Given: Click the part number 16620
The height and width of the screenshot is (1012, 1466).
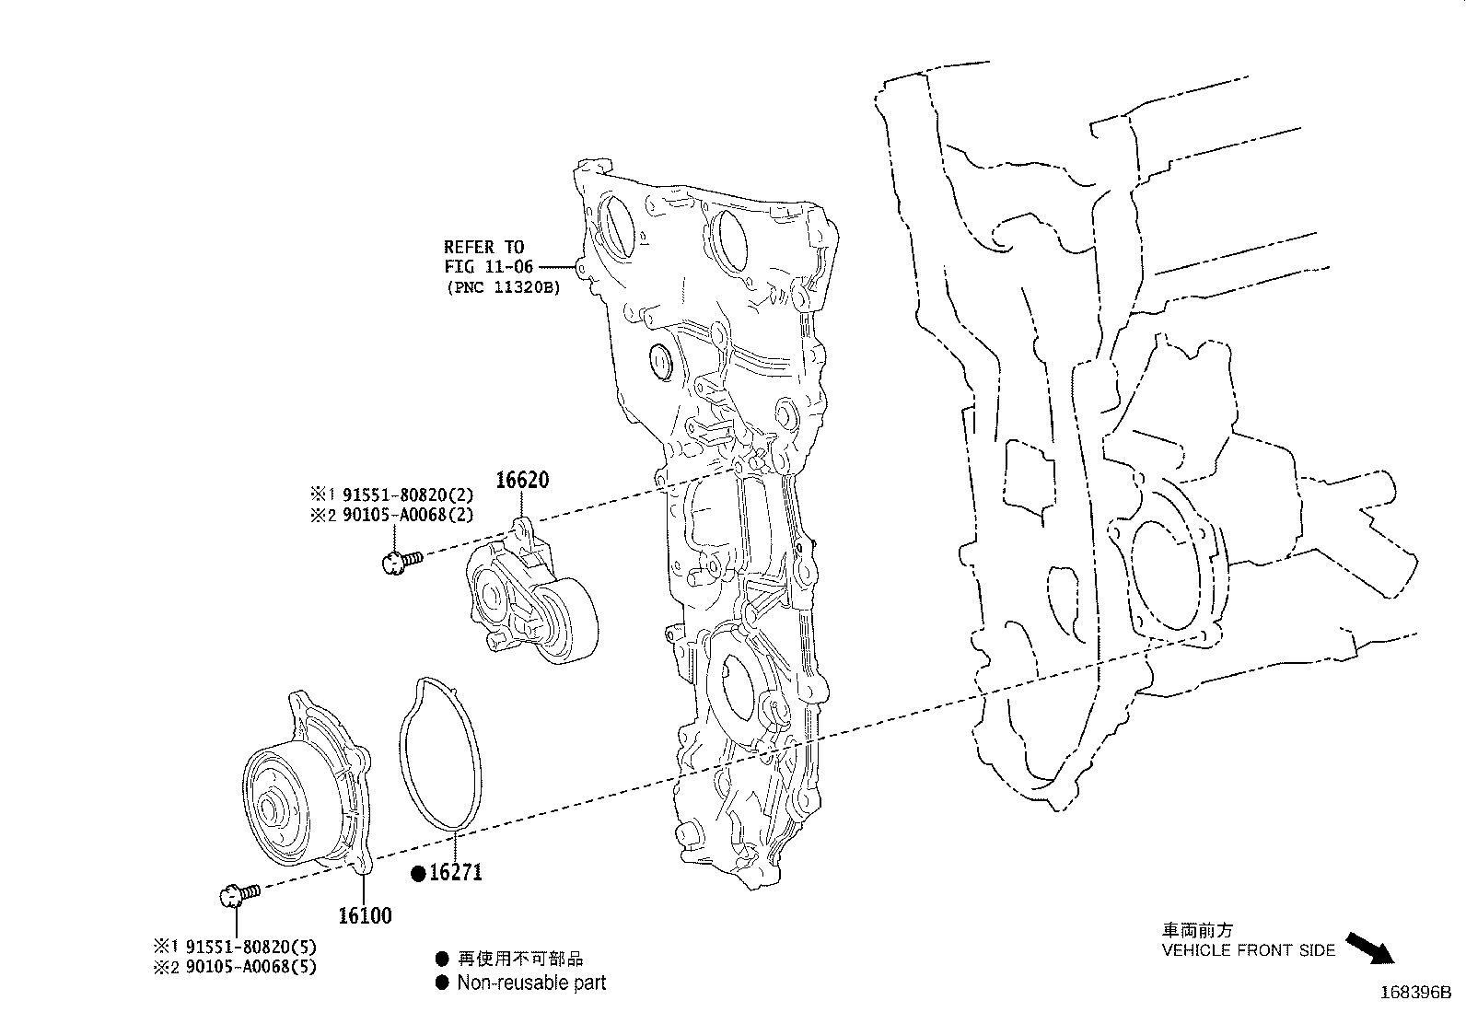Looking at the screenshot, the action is point(522,480).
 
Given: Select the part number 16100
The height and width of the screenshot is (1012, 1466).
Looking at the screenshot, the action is point(366,915).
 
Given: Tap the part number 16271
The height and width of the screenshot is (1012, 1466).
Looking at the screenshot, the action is point(456,873).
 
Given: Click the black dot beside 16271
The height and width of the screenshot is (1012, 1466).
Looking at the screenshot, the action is point(418,873).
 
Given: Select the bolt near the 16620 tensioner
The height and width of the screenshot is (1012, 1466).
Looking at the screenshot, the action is point(401,562).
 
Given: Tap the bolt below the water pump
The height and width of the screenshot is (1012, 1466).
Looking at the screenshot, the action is point(239,894).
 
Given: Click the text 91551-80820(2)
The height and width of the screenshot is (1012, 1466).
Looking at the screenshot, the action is point(408,494).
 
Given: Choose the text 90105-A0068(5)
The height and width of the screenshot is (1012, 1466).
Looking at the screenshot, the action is point(250,967).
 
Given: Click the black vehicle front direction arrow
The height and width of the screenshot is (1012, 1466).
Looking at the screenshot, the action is point(1370,948).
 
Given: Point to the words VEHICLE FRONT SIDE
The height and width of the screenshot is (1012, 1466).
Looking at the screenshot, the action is point(1248,950).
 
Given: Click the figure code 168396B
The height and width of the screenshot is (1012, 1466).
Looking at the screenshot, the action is point(1415,993).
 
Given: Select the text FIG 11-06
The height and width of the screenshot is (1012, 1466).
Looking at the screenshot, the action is point(489,267).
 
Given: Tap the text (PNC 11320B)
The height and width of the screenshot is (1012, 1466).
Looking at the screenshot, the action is point(504,287).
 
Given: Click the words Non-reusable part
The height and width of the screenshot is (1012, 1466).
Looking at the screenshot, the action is point(531,983).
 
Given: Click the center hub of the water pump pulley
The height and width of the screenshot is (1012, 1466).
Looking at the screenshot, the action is point(268,809).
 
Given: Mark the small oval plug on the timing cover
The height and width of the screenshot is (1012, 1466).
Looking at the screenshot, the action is point(661,361).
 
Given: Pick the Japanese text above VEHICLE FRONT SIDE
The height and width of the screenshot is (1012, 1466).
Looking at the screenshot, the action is point(1197,929).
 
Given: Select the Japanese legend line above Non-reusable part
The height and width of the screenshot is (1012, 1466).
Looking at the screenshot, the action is point(519,959).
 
